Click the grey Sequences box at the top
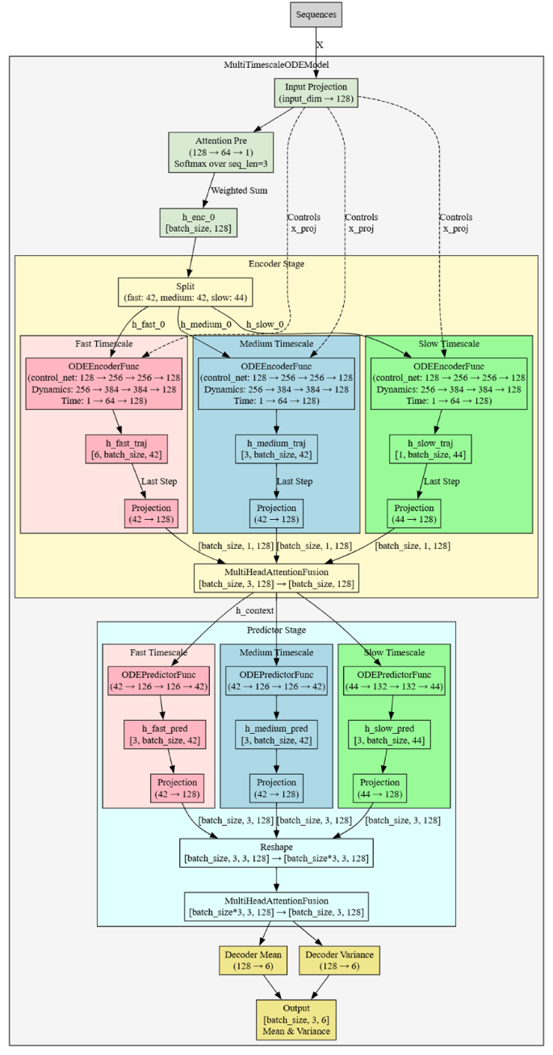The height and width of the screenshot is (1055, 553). tap(316, 15)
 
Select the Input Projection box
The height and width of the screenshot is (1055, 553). tap(316, 92)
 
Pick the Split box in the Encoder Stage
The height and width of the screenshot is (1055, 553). tap(186, 291)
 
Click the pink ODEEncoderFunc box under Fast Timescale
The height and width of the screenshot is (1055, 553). tap(103, 384)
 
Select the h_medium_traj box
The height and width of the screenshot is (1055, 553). tap(276, 450)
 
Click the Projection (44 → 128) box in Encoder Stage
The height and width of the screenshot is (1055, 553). tap(413, 514)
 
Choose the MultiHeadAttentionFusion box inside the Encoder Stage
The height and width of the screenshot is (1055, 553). tap(276, 578)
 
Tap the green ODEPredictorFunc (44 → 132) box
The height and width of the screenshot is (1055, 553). tap(393, 680)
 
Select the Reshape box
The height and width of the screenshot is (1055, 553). tap(276, 852)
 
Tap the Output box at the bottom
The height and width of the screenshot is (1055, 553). tap(295, 1019)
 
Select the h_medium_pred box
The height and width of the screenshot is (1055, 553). tap(276, 735)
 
